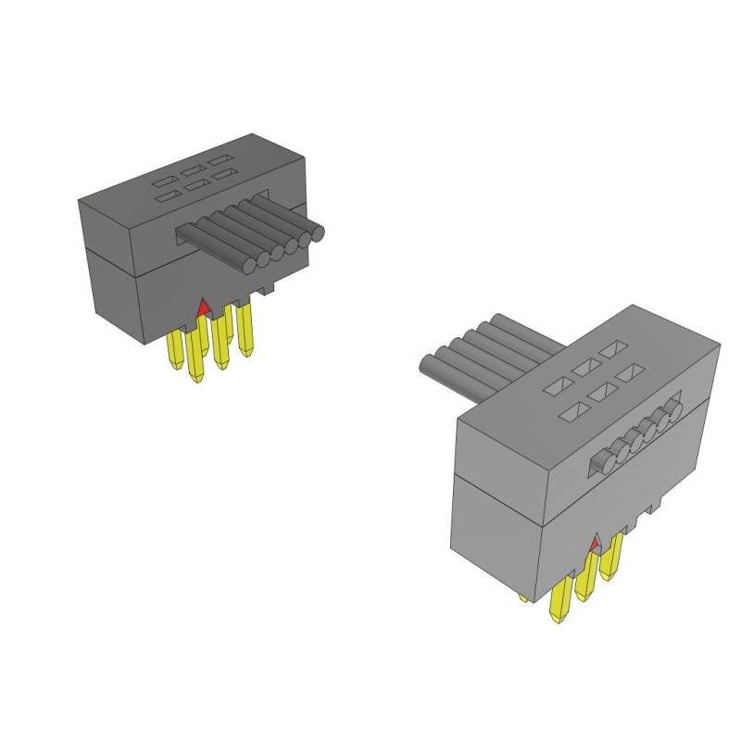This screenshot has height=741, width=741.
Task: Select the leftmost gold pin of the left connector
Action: [x=175, y=352]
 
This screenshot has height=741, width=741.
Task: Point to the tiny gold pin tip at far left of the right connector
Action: [x=523, y=598]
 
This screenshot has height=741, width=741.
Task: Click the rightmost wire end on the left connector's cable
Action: [x=317, y=235]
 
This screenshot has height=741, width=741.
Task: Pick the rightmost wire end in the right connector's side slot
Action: [x=675, y=408]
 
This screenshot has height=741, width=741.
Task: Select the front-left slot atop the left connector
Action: [x=167, y=195]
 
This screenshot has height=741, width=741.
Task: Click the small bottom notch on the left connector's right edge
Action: [x=269, y=290]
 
